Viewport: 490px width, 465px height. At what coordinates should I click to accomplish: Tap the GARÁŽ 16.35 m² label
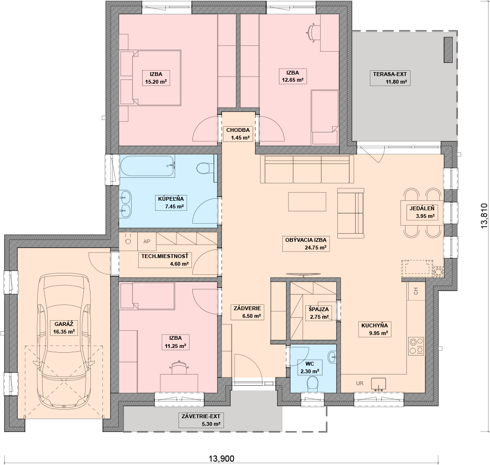point(64,328)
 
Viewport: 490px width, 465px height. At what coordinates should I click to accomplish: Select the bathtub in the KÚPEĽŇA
point(147,166)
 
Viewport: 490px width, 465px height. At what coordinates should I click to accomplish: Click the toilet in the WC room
point(312,384)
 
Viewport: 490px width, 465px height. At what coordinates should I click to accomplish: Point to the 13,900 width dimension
point(221,458)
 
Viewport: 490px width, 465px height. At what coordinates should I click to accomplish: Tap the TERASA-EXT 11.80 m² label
point(390,78)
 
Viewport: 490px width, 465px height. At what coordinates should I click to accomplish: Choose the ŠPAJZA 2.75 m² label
point(319,313)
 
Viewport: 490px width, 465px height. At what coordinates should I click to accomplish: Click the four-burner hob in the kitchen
point(416,346)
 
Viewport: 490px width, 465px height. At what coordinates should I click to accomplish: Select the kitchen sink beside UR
point(379,384)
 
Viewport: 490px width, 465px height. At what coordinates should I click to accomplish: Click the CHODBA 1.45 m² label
point(238,134)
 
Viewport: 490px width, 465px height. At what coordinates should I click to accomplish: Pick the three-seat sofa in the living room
point(307,169)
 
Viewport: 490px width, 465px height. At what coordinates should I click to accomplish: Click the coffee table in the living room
point(307,202)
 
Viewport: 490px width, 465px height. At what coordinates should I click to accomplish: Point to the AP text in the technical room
point(147,241)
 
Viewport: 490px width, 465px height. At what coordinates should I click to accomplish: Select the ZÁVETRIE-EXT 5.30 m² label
point(201,420)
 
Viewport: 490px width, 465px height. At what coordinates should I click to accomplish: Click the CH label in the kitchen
point(416,291)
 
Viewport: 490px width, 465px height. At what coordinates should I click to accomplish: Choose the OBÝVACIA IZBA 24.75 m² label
point(306,244)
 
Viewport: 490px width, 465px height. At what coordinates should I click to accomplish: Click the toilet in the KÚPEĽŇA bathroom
point(204,169)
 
